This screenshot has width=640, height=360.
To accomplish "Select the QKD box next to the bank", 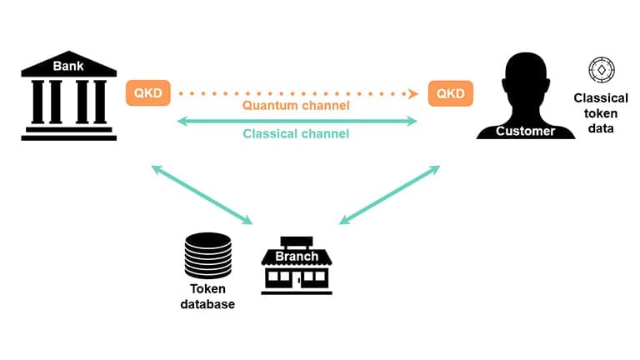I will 147,93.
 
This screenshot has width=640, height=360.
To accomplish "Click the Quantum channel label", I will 296,106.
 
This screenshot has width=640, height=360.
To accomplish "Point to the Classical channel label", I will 296,133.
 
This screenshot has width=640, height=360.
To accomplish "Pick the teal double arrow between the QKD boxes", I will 296,121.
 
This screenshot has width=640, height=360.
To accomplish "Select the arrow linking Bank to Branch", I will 202,194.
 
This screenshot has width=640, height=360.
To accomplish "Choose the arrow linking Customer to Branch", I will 389,194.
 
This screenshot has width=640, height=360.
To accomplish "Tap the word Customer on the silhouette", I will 525,131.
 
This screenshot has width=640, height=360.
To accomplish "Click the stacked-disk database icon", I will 207,256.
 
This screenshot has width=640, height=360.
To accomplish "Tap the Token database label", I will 207,297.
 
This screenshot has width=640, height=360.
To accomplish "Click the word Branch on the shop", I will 297,256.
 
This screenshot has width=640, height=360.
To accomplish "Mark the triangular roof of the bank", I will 68,63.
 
